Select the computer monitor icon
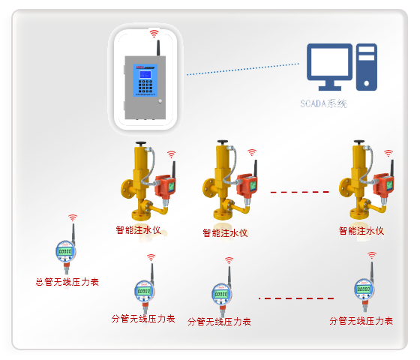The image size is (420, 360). point(329,67)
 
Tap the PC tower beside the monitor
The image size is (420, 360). point(367,67)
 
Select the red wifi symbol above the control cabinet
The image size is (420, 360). point(154,34)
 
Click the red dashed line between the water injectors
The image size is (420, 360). point(300,193)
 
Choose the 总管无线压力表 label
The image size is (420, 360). point(67,283)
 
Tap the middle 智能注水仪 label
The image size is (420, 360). point(225,232)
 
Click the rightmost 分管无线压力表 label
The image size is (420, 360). point(361,321)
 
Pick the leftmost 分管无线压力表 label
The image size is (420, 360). point(143,319)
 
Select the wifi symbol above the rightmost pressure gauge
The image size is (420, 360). point(370,256)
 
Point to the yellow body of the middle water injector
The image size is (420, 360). point(223,176)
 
